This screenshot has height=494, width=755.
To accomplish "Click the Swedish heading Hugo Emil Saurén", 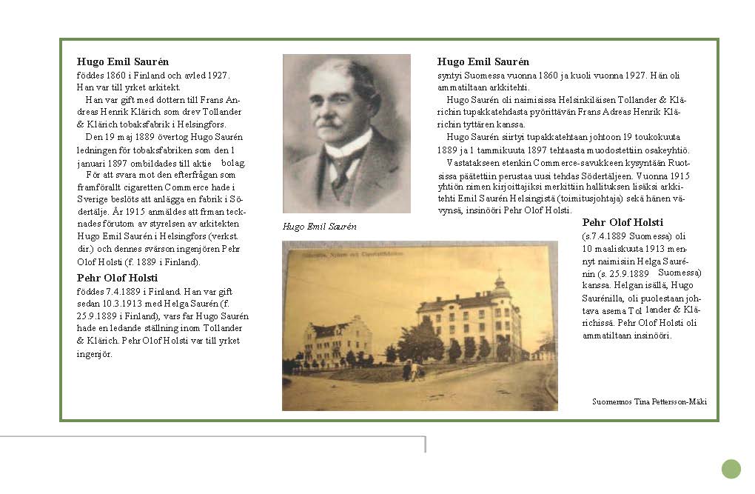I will click(x=123, y=62).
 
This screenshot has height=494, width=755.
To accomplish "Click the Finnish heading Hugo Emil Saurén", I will click(x=483, y=62).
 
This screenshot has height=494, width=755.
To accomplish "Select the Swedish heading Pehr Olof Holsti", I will click(x=117, y=278).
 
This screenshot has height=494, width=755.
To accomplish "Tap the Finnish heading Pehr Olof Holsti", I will click(x=623, y=222).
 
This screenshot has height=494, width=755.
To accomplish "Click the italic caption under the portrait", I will click(x=320, y=227).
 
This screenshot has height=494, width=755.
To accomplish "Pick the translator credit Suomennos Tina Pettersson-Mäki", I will click(x=649, y=401).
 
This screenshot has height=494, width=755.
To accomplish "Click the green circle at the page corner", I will click(x=731, y=469).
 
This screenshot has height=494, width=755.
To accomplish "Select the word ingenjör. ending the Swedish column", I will click(x=94, y=354).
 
